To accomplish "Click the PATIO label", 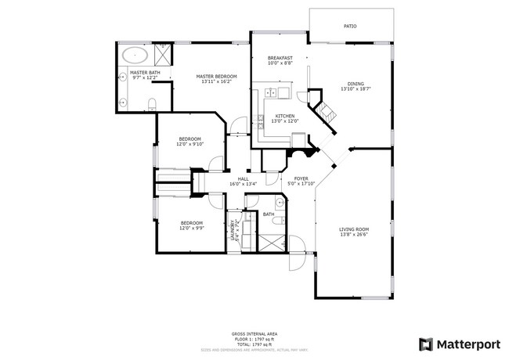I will pyautogui.click(x=350, y=27).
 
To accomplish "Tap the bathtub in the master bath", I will pyautogui.click(x=136, y=56).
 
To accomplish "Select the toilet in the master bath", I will pyautogui.click(x=153, y=103).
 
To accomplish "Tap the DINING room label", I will pyautogui.click(x=356, y=84).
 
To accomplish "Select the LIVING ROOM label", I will pyautogui.click(x=354, y=229).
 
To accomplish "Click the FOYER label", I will pyautogui.click(x=301, y=178).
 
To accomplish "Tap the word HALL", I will pyautogui.click(x=244, y=178).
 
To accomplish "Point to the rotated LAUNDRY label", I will pyautogui.click(x=233, y=232).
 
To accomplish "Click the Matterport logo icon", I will pyautogui.click(x=425, y=343).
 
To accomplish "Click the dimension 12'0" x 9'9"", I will pyautogui.click(x=192, y=228).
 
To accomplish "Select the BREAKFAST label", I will pyautogui.click(x=280, y=58).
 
